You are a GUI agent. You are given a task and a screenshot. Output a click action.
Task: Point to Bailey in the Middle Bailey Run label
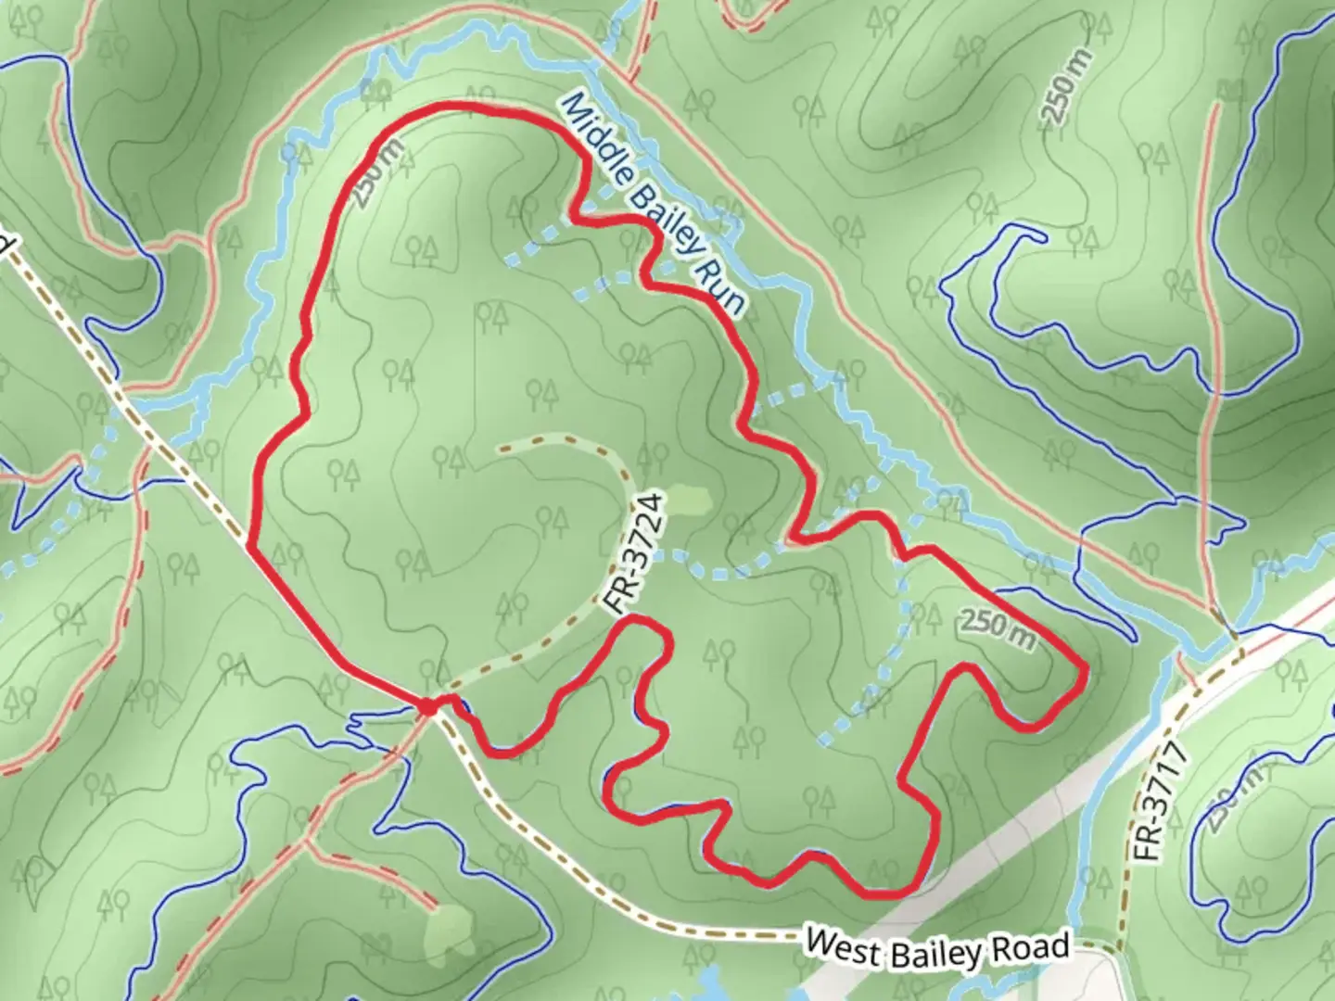pyautogui.click(x=663, y=212)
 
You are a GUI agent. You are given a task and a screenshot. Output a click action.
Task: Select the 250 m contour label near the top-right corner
pyautogui.click(x=1064, y=84)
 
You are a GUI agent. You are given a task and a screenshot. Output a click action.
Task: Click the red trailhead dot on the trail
pyautogui.click(x=426, y=707)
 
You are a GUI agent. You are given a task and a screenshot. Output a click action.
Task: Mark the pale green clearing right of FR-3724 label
pyautogui.click(x=688, y=500)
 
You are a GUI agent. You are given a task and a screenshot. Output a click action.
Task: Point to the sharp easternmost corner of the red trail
pyautogui.click(x=1083, y=669)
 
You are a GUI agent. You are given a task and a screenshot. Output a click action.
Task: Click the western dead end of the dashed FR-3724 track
pyautogui.click(x=501, y=450)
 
